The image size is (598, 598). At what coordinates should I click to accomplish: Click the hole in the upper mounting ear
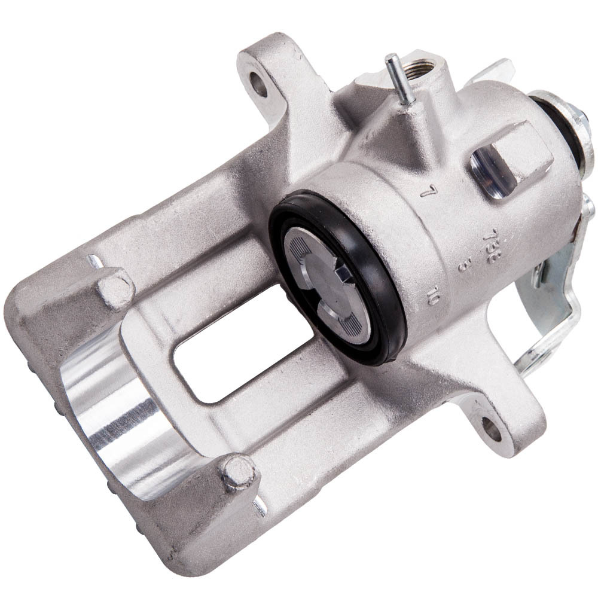coord(259,86)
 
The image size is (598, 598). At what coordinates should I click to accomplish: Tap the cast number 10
coord(435,296)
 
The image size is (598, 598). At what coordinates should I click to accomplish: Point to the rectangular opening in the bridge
coord(239,347)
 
